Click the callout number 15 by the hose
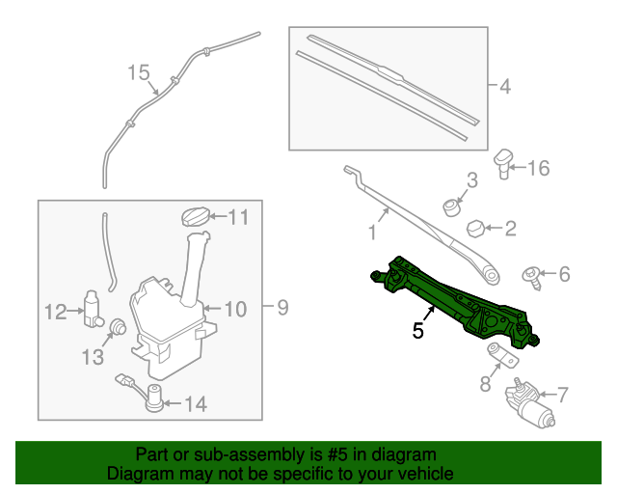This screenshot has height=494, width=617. [139, 72]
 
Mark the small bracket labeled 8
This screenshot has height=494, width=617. [498, 355]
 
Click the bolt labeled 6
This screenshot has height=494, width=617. [531, 276]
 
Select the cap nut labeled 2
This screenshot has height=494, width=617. [475, 228]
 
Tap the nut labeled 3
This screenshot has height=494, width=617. [450, 205]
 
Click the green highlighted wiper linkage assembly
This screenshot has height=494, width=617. [453, 299]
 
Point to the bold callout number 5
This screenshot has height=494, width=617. [417, 331]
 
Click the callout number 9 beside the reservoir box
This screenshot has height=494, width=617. [282, 308]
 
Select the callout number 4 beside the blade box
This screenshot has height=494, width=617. [504, 87]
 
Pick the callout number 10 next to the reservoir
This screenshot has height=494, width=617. [236, 310]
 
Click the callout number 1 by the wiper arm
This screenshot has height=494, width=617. [371, 232]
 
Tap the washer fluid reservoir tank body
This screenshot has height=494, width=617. [164, 323]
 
